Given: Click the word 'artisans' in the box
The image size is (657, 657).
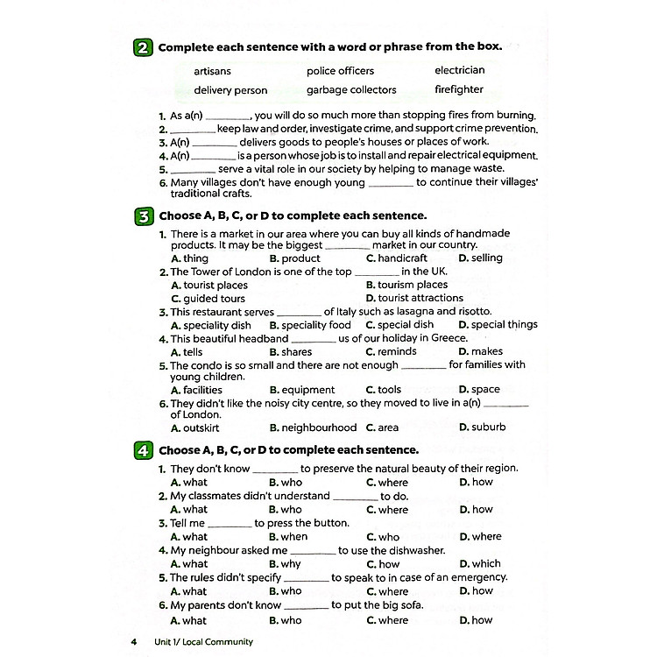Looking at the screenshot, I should tap(213, 71).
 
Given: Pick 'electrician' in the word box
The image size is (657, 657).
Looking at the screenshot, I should tap(459, 71).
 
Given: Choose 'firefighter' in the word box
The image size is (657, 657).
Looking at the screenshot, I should tap(458, 89).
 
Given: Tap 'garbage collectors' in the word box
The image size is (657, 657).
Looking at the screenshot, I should tap(351, 89).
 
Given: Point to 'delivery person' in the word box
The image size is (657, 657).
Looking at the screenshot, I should tap(230, 89).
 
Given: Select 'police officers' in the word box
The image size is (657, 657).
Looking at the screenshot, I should tap(340, 71).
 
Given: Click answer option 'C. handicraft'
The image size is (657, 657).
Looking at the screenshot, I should tap(396, 258).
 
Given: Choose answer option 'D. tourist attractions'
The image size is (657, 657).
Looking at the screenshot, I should tap(414, 299).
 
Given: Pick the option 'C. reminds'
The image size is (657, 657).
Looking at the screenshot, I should tap(391, 352).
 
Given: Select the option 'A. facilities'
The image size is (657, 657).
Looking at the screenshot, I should tap(196, 390).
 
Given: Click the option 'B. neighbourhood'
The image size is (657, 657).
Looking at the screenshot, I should tap(313, 427).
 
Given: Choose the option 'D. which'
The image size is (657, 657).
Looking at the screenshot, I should tap(480, 564).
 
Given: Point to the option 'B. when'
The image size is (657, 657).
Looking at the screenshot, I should tap(288, 537).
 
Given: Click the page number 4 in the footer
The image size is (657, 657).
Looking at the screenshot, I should tap(134, 642).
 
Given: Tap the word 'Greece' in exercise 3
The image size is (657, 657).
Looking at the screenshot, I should tap(448, 338).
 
